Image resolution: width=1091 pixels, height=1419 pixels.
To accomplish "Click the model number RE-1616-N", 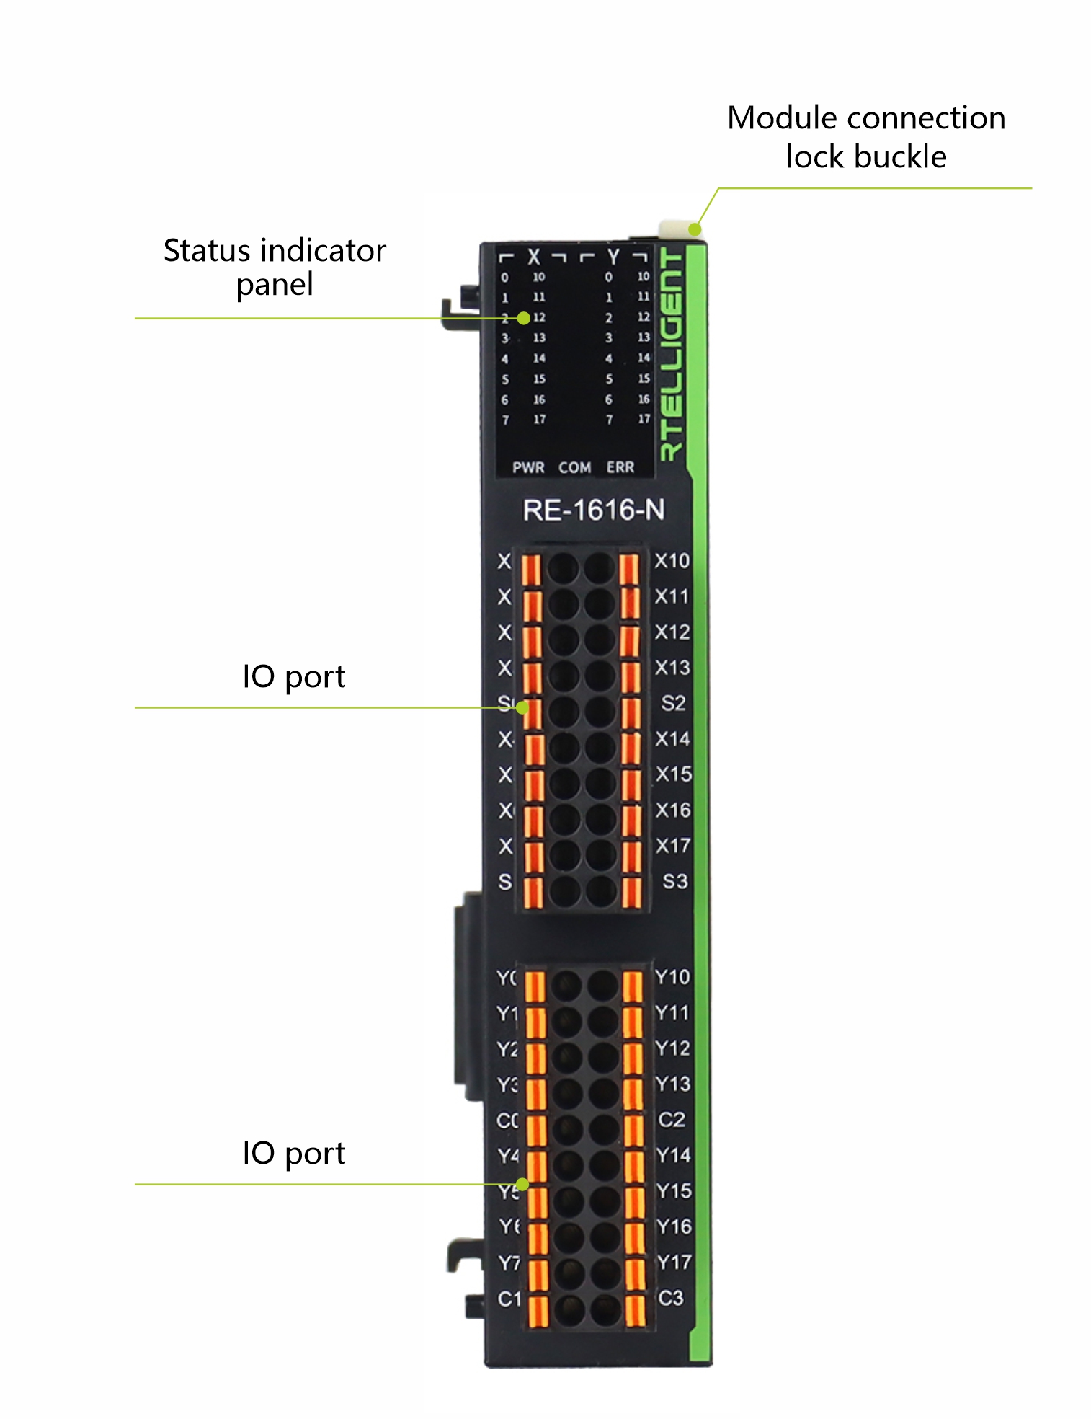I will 593,510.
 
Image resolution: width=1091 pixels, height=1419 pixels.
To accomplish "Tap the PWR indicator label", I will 528,467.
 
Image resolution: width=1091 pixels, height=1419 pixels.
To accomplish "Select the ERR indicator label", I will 620,467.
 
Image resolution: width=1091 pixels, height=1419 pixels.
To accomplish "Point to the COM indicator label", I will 574,467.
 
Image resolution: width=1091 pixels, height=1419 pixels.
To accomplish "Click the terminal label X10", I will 672,561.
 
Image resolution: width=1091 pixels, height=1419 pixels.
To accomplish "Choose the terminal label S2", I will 673,703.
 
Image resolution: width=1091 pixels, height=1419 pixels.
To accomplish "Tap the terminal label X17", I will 673,845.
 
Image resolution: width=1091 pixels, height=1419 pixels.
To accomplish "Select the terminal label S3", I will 674,881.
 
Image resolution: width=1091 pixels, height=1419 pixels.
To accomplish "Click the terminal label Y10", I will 672,977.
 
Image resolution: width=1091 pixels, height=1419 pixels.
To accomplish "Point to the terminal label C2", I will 672,1119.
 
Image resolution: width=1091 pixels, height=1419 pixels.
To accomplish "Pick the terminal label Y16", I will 674,1226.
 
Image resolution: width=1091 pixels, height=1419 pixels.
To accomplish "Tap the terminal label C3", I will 671,1298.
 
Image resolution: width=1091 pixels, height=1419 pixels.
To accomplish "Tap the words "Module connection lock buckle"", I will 866,137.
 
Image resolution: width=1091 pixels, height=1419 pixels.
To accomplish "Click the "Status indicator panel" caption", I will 275,267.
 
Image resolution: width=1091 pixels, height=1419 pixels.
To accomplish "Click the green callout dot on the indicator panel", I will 524,318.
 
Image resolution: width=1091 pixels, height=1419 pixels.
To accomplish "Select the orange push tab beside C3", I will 634,1310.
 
